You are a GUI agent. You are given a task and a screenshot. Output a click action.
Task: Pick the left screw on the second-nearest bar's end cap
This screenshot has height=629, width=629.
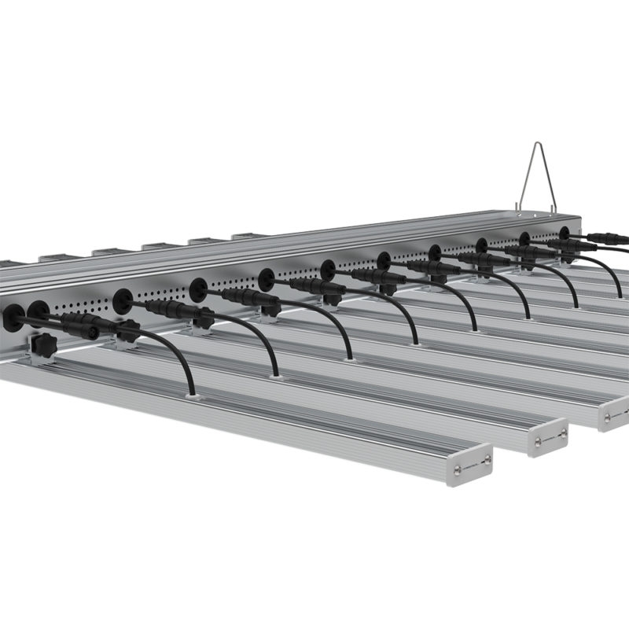534,443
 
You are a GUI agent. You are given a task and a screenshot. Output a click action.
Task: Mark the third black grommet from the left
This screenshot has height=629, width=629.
122,300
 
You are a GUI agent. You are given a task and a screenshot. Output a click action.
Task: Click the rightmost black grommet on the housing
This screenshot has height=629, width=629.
564,233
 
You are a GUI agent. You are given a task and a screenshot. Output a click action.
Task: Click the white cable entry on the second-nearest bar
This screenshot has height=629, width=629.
274,376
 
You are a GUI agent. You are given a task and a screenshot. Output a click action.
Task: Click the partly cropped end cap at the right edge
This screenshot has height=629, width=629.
613,414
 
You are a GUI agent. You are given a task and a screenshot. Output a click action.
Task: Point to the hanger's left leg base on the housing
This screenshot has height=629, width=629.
519,208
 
